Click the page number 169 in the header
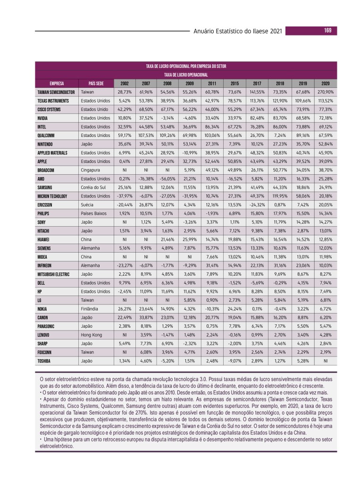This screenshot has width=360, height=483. coord(327,31)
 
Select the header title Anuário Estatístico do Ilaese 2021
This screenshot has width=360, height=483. coord(238,31)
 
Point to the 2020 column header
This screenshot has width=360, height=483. coord(326,83)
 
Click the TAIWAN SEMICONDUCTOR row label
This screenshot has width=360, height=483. coord(56,92)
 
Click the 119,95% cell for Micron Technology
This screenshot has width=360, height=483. coord(280,196)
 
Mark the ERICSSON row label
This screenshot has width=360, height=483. coord(46,205)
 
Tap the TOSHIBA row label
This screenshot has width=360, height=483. coord(45,361)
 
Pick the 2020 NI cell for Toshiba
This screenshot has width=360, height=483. coord(326,361)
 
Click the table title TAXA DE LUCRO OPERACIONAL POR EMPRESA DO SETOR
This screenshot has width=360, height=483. coord(186,67)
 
